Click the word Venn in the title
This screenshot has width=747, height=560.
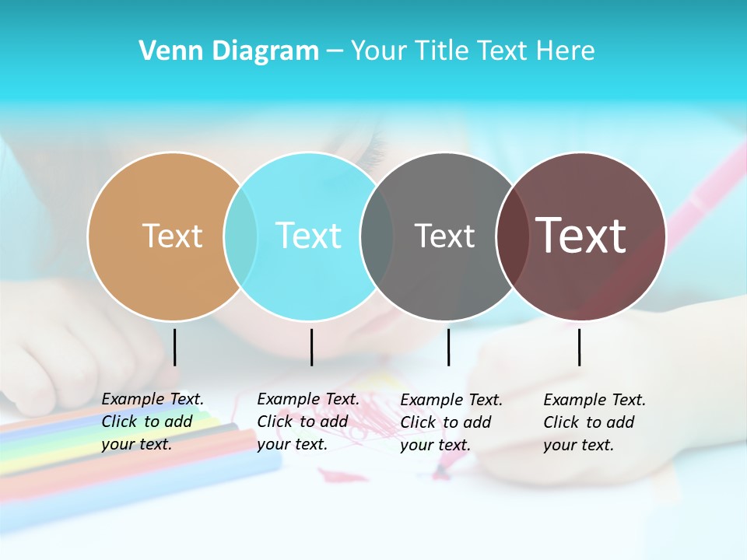tap(166, 51)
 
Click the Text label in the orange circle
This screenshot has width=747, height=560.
tap(172, 236)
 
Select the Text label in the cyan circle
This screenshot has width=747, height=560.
tap(309, 236)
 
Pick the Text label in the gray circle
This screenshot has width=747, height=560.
tap(444, 236)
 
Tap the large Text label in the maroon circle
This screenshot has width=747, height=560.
tap(581, 236)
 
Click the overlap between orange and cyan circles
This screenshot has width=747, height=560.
tap(240, 236)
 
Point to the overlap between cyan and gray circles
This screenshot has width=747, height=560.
tap(377, 236)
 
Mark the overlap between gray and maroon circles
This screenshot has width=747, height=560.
tap(512, 236)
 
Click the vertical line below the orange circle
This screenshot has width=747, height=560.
tap(175, 347)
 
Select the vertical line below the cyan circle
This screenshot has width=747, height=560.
tap(311, 347)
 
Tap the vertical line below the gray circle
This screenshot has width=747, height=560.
tap(448, 347)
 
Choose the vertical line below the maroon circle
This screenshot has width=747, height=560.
tap(579, 347)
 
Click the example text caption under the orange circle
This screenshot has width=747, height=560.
tap(153, 422)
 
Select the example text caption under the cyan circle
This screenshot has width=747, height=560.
tap(308, 422)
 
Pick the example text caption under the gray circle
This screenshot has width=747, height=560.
tap(451, 422)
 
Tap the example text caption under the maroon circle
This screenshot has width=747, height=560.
tap(594, 422)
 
